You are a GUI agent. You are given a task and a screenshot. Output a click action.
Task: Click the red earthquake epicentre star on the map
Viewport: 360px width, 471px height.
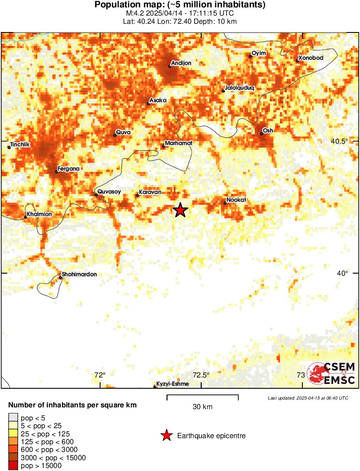[180, 210]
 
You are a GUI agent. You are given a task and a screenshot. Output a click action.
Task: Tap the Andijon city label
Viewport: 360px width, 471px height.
[181, 63]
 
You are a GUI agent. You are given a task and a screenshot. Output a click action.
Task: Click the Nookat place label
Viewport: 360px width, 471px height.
[236, 200]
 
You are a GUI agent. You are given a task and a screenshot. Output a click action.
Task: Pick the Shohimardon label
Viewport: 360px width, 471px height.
[79, 274]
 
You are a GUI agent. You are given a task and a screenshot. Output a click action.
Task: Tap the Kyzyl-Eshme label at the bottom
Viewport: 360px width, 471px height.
[172, 384]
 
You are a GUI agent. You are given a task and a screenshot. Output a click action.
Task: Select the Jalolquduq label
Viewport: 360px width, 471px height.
[240, 87]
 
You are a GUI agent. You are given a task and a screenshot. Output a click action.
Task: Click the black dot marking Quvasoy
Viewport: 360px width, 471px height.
[96, 195]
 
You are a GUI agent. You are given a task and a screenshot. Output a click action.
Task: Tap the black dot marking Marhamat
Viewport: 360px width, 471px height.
[163, 146]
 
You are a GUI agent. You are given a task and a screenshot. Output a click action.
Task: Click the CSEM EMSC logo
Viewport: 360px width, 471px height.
[331, 373]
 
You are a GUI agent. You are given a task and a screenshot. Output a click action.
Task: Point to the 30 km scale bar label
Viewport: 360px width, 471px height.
[202, 407]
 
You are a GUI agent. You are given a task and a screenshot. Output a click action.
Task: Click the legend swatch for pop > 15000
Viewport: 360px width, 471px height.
[13, 466]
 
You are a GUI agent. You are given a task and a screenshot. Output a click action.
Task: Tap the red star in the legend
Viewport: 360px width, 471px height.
[166, 436]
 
